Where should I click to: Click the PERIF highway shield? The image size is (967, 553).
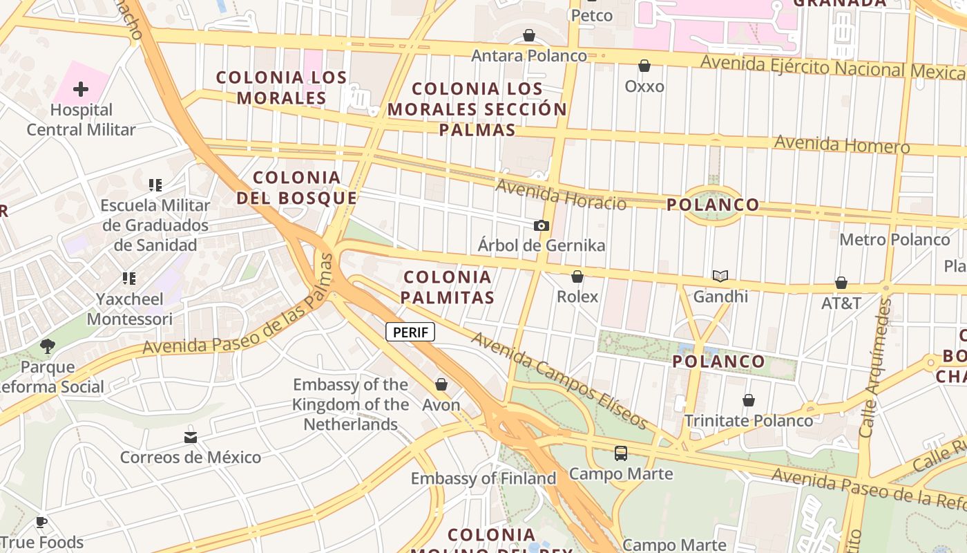pyautogui.click(x=410, y=332)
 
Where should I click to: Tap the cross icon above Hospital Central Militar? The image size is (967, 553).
pyautogui.click(x=81, y=89)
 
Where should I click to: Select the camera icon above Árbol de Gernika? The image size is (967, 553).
pyautogui.click(x=542, y=225)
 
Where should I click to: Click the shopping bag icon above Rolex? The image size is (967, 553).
pyautogui.click(x=577, y=276)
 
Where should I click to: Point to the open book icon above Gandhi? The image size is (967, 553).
pyautogui.click(x=720, y=276)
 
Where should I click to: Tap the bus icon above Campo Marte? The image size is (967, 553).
pyautogui.click(x=621, y=453)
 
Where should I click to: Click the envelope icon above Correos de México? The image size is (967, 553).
pyautogui.click(x=191, y=438)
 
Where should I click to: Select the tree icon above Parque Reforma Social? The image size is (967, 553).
pyautogui.click(x=48, y=346)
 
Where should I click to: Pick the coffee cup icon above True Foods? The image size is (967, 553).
pyautogui.click(x=41, y=522)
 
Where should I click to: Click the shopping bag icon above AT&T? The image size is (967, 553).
pyautogui.click(x=841, y=283)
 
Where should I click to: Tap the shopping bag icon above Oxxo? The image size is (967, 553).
pyautogui.click(x=644, y=66)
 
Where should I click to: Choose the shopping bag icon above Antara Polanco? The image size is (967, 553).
pyautogui.click(x=529, y=35)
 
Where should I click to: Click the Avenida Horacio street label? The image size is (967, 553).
pyautogui.click(x=561, y=194)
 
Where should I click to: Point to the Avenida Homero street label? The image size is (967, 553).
pyautogui.click(x=842, y=144)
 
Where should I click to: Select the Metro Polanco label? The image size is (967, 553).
pyautogui.click(x=894, y=240)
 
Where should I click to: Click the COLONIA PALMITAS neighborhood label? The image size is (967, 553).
pyautogui.click(x=449, y=287)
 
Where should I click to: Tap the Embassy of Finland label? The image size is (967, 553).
pyautogui.click(x=483, y=478)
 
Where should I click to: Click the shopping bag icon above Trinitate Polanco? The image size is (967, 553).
pyautogui.click(x=749, y=400)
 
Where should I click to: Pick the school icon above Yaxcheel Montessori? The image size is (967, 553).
pyautogui.click(x=129, y=279)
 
